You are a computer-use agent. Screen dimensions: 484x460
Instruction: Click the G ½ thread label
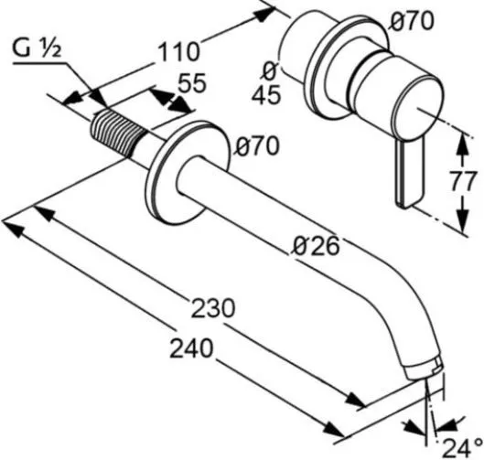pos(37,49)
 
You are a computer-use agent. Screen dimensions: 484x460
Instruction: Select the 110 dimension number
pos(178,51)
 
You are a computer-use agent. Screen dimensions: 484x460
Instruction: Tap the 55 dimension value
pos(192,82)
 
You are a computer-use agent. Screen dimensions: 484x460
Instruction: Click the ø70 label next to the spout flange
pos(257,145)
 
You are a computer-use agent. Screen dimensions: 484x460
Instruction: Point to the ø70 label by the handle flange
pos(412,21)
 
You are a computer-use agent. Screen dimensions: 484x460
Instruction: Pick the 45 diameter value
pos(266,94)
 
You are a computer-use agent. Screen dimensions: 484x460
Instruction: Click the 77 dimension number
pos(462,182)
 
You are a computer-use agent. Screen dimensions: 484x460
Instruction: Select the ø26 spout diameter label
pos(316,246)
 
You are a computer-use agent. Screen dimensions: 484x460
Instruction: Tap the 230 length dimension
pos(213,308)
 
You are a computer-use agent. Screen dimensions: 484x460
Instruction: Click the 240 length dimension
pos(191,348)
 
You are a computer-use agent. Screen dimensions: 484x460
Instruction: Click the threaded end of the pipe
pos(119,134)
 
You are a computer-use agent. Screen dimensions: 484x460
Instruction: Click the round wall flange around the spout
pos(188,172)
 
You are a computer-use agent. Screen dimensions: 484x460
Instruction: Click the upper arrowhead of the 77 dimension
pos(462,143)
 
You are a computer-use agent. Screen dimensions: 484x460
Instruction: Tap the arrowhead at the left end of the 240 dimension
pos(14,227)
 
